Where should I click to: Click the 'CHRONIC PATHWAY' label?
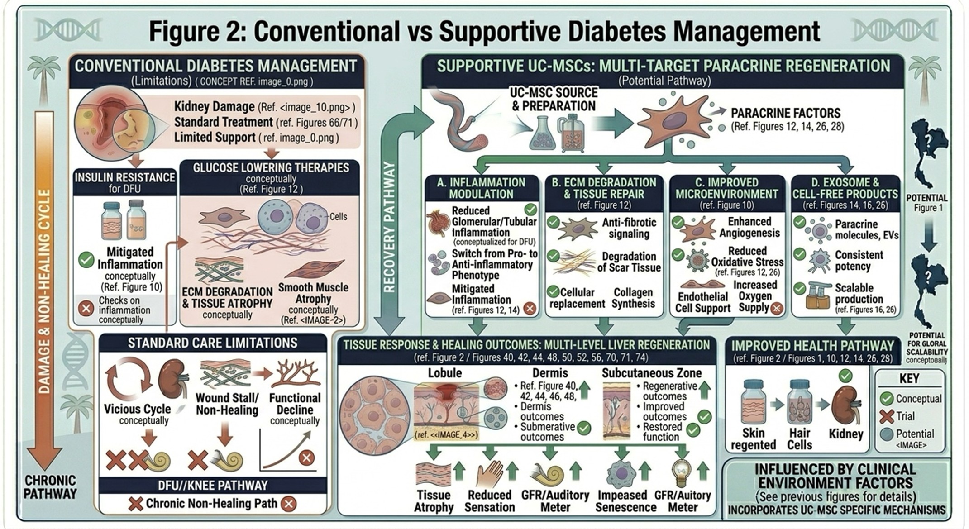coord(50,487)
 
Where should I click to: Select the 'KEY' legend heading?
coord(909,378)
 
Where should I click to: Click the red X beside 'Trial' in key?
coord(886,416)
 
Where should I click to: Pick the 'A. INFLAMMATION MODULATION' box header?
coord(481,188)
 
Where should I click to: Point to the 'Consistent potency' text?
coord(859,261)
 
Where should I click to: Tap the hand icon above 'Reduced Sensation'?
coord(489,473)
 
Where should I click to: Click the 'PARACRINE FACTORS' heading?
coord(786,113)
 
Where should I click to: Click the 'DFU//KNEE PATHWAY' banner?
coord(213,486)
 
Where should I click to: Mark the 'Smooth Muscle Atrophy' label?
coord(313,293)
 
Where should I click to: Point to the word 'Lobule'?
coord(445,373)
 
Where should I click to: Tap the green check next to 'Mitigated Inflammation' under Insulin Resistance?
coord(86,260)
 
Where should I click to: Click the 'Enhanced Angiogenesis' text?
coord(749,227)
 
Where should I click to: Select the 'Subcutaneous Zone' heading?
coord(651,373)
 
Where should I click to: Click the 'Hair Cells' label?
coord(799,438)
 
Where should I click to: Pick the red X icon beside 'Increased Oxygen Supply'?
coord(776,309)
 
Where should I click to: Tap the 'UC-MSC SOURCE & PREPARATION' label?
coord(553,99)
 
